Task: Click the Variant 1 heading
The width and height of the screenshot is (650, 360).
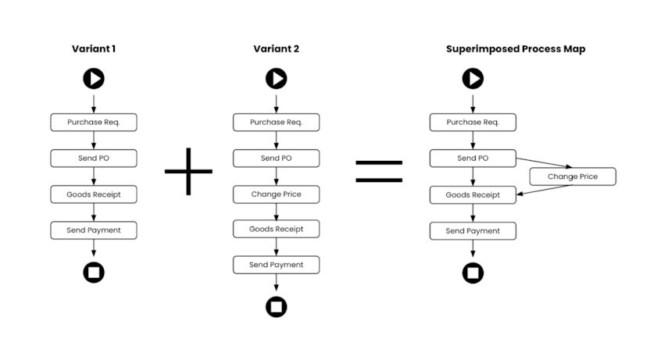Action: pyautogui.click(x=94, y=49)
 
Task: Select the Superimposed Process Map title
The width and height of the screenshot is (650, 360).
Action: pyautogui.click(x=516, y=49)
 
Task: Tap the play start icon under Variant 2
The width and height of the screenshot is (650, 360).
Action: pyautogui.click(x=276, y=78)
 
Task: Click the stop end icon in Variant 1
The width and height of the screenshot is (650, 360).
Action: pyautogui.click(x=94, y=273)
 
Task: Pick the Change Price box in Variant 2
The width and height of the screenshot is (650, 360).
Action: pyautogui.click(x=276, y=194)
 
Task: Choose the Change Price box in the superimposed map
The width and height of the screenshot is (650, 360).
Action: pyautogui.click(x=573, y=176)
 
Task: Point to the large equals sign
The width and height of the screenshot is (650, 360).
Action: pyautogui.click(x=379, y=170)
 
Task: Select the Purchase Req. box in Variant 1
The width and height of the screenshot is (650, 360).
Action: pyautogui.click(x=94, y=123)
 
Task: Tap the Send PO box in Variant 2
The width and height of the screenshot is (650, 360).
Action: pyautogui.click(x=276, y=159)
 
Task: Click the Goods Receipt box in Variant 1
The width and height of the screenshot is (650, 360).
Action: pyautogui.click(x=94, y=194)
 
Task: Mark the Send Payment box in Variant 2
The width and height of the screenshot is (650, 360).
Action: pyautogui.click(x=276, y=265)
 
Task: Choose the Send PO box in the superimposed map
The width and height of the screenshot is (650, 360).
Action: pyautogui.click(x=473, y=159)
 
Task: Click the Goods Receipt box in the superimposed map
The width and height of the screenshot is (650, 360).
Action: pyautogui.click(x=473, y=194)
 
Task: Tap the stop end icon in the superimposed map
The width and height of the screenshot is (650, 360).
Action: pyautogui.click(x=473, y=273)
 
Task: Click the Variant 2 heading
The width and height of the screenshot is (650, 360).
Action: pyautogui.click(x=276, y=49)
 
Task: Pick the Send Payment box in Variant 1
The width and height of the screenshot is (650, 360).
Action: pyautogui.click(x=94, y=230)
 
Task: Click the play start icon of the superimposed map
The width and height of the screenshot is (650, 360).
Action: pyautogui.click(x=473, y=78)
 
